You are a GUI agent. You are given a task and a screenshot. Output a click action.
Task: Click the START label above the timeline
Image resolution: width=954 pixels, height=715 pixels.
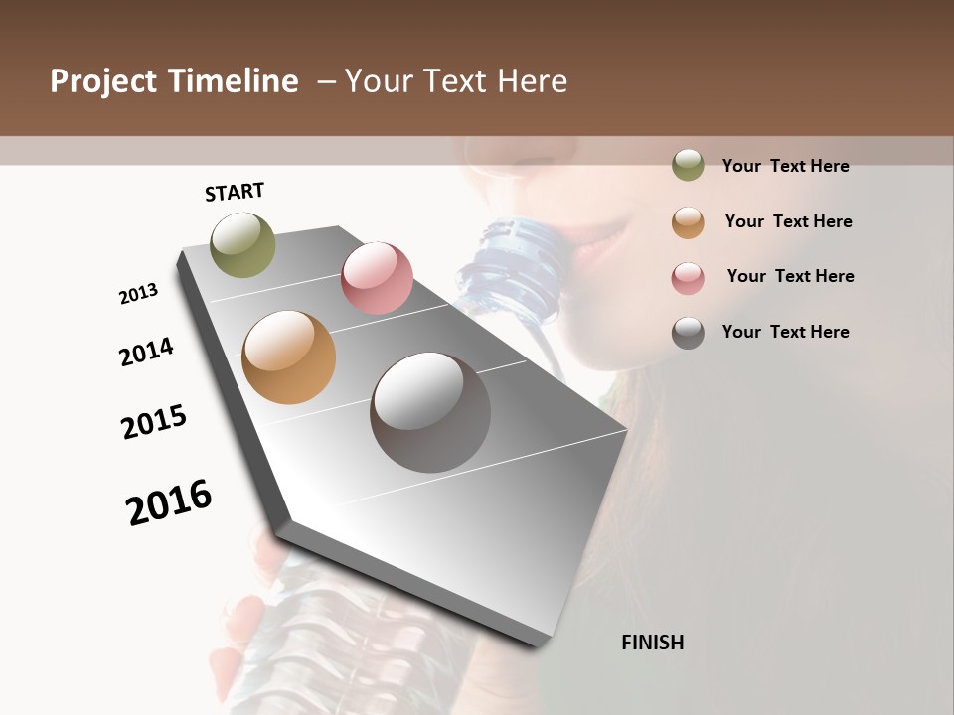pos(235,192)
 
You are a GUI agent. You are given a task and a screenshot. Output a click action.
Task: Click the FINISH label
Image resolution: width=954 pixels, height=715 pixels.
pos(652,643)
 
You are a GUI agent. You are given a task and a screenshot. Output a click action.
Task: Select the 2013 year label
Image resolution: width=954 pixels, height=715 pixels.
pos(139,294)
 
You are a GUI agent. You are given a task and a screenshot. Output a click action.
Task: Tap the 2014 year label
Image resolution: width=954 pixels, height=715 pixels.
pos(146,353)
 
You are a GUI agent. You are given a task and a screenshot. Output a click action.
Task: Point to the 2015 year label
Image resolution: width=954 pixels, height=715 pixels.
pos(154,422)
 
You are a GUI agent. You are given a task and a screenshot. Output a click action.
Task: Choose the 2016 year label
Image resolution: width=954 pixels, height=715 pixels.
pos(169,501)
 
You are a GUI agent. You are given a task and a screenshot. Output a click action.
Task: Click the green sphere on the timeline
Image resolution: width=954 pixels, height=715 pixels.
pos(243,244)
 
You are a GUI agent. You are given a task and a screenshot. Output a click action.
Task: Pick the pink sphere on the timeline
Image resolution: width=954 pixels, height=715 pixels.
pos(377,278)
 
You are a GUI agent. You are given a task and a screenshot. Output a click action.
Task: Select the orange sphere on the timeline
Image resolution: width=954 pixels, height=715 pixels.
pos(289,357)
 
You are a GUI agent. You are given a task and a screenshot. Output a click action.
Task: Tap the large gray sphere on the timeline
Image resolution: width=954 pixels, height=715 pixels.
pos(430,412)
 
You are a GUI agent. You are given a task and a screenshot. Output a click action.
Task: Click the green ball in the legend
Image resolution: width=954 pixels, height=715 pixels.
pos(688,166)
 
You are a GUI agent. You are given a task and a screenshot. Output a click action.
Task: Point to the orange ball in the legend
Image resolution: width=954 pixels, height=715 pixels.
pos(688,222)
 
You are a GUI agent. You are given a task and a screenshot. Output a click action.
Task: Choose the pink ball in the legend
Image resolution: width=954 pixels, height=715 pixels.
pos(688,277)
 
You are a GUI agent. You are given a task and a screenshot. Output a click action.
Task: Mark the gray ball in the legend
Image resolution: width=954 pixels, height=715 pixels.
pos(688,333)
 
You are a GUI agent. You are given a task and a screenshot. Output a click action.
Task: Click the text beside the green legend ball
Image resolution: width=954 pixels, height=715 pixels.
pos(785,167)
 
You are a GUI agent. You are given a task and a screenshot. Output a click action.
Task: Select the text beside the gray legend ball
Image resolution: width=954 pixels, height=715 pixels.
pos(785,332)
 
